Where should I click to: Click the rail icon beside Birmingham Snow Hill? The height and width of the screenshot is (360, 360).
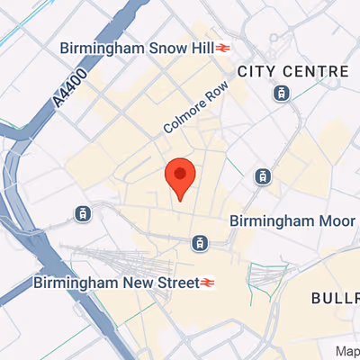223,48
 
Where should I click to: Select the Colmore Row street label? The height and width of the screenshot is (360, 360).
196,109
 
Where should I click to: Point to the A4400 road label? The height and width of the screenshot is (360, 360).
72,78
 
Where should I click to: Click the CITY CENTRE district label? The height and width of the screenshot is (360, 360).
292,70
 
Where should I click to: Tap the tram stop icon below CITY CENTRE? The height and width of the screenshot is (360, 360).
283,92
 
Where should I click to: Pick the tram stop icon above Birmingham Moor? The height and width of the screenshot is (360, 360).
263,176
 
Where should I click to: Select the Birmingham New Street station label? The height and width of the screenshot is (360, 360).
115,283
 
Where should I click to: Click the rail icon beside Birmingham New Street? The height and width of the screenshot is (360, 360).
208,283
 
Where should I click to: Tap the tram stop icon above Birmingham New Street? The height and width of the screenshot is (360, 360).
199,242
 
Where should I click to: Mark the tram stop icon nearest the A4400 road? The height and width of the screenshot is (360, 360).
82,213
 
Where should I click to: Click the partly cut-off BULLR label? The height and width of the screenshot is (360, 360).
335,298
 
